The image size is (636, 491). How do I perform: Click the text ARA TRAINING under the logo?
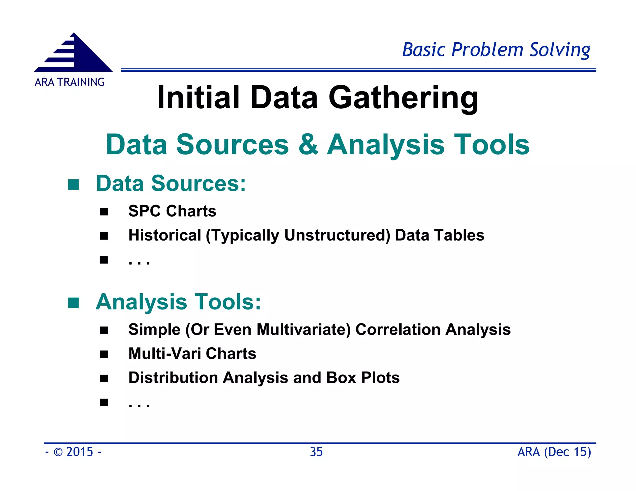click(70, 82)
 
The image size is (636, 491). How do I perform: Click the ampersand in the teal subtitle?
click(308, 145)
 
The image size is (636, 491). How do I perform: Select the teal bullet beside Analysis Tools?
click(74, 303)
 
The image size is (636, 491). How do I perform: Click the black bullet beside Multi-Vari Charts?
click(104, 354)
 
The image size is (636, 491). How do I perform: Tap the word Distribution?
click(173, 378)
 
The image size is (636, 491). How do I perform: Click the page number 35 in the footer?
click(316, 452)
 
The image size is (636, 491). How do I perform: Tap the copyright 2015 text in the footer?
click(74, 452)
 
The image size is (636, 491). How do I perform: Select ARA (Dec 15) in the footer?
click(554, 452)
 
